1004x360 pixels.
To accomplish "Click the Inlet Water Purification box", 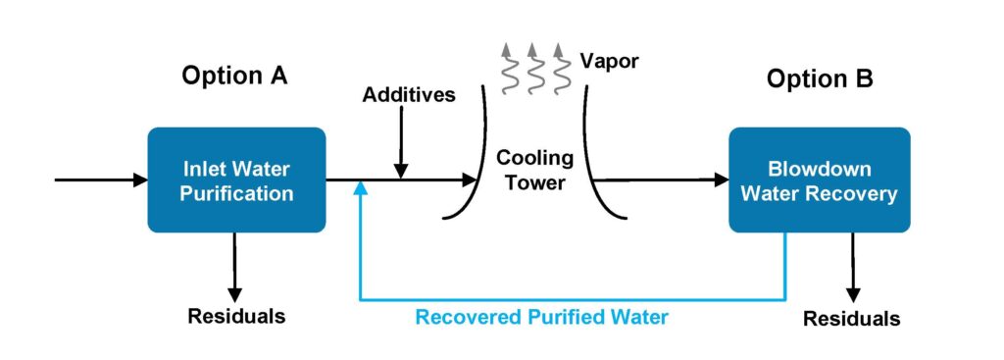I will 237,180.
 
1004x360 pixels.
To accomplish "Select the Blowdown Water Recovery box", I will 819,180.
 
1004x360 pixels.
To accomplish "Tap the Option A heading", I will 234,76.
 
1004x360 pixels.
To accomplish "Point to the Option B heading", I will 819,78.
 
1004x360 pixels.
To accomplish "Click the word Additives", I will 409,95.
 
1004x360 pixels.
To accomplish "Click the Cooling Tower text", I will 529,170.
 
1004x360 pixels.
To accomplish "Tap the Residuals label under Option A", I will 236,316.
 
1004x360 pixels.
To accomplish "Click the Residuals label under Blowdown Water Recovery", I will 851,319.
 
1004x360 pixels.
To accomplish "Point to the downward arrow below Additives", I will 400,147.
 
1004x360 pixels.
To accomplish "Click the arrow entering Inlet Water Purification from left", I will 98,180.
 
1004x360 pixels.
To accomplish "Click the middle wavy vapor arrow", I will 532,66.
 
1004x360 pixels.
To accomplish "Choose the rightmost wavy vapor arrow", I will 560,66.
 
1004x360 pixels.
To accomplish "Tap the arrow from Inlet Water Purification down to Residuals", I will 235,265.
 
